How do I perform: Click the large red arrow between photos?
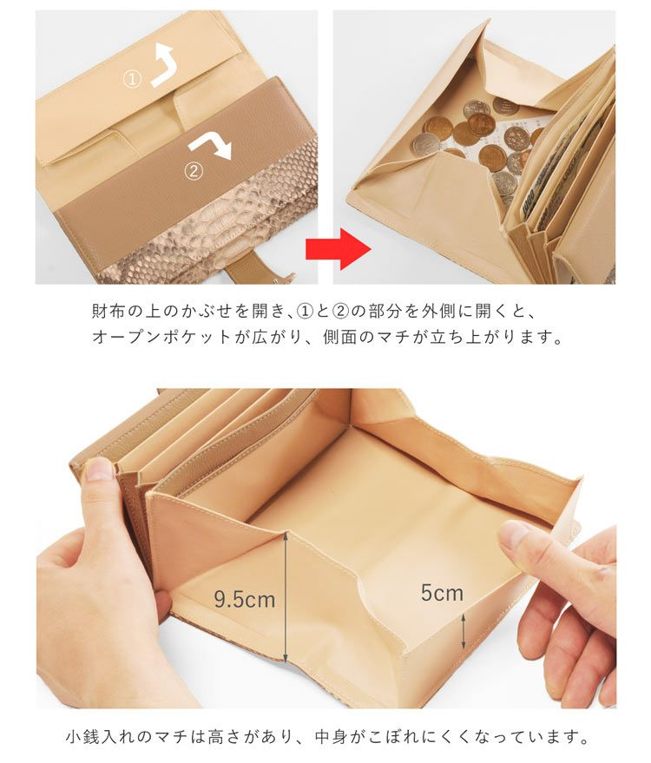(339, 249)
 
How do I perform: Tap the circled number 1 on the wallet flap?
(132, 80)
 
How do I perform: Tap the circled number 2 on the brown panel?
(194, 171)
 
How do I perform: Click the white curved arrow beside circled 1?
(162, 66)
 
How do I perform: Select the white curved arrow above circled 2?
(211, 145)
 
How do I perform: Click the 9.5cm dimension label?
(245, 599)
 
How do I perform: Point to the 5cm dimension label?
(442, 593)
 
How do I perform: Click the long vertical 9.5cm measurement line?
(286, 597)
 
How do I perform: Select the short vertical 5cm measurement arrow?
(464, 631)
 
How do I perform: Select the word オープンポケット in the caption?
(161, 337)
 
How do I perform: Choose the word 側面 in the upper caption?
(339, 337)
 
